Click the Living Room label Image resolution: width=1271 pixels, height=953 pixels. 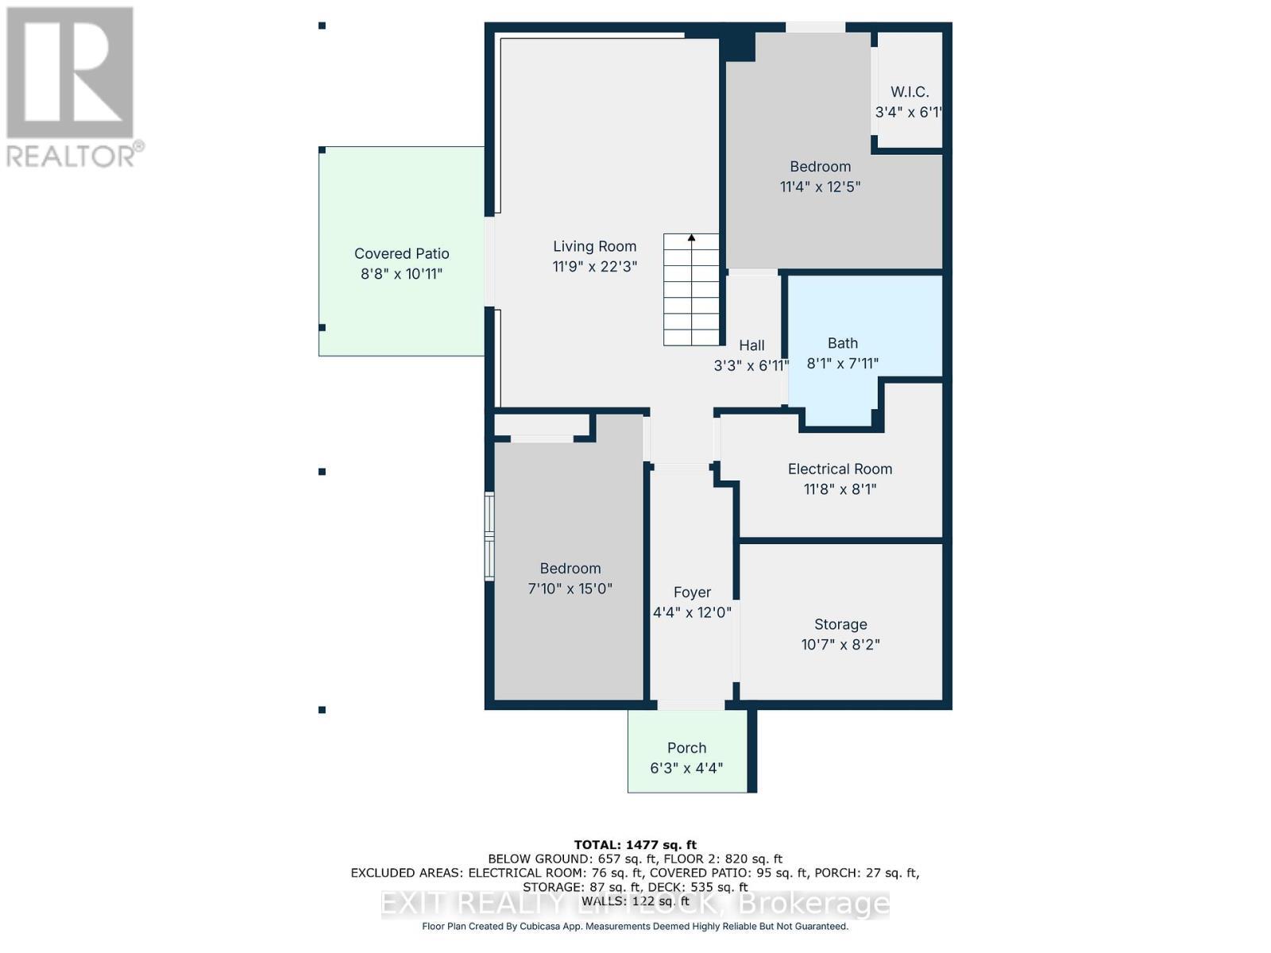[594, 246]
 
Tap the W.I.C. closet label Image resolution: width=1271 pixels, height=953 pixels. [909, 92]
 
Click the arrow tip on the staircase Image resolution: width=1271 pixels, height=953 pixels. [691, 237]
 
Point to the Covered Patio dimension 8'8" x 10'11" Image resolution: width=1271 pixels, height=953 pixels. [401, 274]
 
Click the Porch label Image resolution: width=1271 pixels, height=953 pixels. [686, 748]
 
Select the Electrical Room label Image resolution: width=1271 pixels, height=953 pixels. [840, 469]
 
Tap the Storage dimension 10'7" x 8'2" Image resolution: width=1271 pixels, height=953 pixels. [840, 645]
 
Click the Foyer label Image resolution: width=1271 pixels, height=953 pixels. [691, 592]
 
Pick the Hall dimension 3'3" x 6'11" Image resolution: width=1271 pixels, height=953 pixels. [751, 366]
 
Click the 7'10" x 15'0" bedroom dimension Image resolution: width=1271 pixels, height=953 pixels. [570, 589]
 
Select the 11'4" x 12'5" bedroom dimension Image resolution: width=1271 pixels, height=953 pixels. [820, 187]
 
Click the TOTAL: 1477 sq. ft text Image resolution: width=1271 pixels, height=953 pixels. [635, 845]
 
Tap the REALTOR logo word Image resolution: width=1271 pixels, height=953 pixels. [71, 156]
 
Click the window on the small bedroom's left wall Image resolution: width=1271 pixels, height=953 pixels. [490, 537]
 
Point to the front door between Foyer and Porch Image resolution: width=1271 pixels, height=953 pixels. [690, 704]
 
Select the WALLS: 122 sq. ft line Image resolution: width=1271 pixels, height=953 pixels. [635, 901]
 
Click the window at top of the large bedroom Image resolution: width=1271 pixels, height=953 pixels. [815, 28]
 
